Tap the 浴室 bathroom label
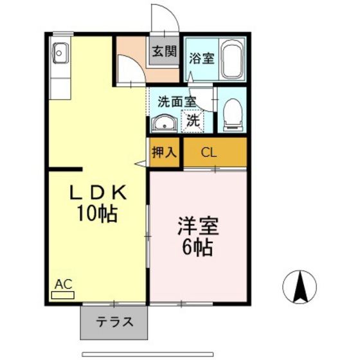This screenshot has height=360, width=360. pyautogui.click(x=202, y=58)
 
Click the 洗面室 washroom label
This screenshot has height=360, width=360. pyautogui.click(x=177, y=101)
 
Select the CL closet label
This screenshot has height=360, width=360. pyautogui.click(x=208, y=153)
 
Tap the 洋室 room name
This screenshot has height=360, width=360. pyautogui.click(x=199, y=227)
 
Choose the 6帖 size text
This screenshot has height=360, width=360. pyautogui.click(x=199, y=248)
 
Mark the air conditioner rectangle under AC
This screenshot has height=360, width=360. pyautogui.click(x=63, y=295)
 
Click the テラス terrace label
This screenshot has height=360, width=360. pyautogui.click(x=116, y=321)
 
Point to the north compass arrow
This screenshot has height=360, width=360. pyautogui.click(x=300, y=286)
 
